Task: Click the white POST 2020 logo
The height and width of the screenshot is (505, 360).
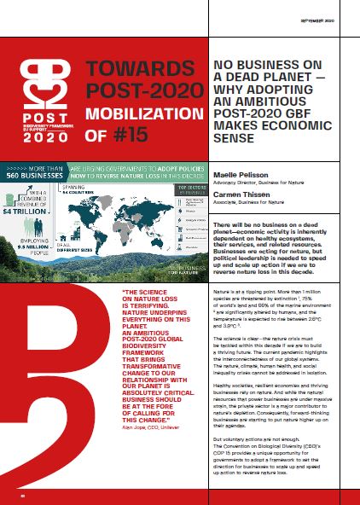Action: pyautogui.click(x=35, y=102)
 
